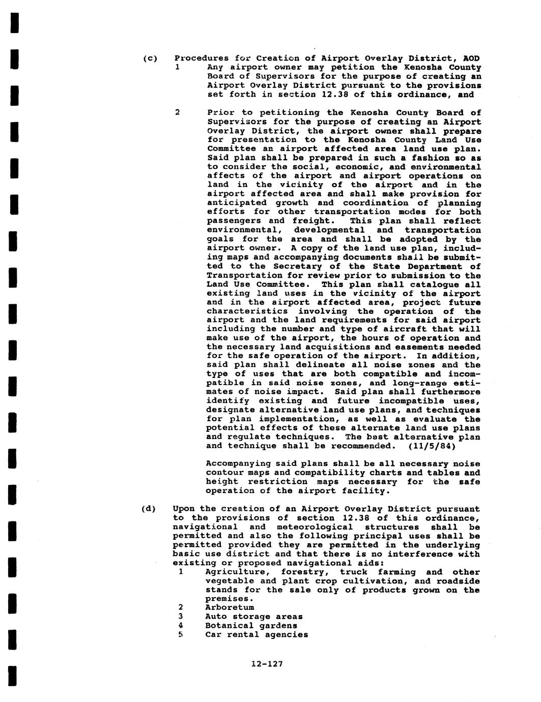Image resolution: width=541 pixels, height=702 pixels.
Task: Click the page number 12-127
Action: [x=267, y=663]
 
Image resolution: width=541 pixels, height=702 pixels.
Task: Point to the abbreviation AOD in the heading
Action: [x=472, y=58]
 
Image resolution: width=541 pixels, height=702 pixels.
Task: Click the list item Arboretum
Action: [x=230, y=607]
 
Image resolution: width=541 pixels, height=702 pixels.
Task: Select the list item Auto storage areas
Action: [x=254, y=617]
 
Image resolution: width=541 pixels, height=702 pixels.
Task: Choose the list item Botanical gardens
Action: [x=251, y=626]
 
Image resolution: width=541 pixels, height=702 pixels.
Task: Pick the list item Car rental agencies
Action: [x=257, y=635]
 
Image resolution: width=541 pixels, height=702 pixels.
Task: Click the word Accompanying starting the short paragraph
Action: [x=238, y=464]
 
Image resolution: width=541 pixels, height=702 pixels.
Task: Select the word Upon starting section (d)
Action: [x=184, y=509]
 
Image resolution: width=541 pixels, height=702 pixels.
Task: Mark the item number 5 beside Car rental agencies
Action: [x=180, y=635]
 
